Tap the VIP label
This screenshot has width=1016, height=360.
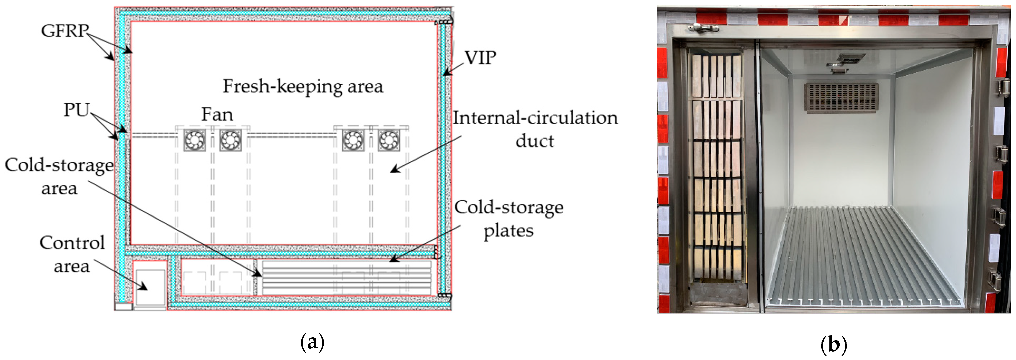480,58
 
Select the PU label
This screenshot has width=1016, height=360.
77,110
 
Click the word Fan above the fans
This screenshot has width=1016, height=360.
217,114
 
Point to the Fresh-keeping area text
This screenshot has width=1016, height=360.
303,86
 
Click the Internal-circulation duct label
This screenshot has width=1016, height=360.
535,129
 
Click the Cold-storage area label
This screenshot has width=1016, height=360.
59,176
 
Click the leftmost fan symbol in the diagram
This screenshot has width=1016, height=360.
195,140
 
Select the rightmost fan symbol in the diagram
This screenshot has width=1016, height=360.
389,140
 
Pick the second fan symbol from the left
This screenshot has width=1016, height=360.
230,140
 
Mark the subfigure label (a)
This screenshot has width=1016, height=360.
312,342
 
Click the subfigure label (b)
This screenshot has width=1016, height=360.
833,344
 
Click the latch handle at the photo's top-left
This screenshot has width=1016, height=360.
703,28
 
